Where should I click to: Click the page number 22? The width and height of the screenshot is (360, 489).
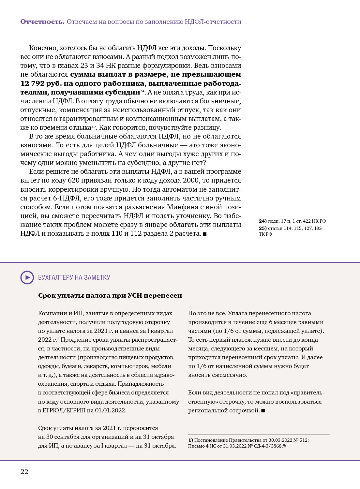[24, 471]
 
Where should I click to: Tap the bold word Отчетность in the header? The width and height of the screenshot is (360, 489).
[42, 22]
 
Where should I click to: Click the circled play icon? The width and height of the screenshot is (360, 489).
[27, 277]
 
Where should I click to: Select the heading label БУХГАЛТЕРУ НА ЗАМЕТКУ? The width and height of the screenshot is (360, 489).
[74, 277]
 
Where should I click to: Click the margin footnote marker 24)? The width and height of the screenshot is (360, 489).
[262, 221]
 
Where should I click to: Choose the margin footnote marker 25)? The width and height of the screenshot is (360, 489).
[262, 228]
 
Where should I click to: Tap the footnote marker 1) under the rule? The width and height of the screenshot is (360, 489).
[190, 440]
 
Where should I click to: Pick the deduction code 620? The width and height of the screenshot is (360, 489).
[73, 180]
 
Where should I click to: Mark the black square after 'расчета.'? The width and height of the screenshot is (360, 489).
[205, 234]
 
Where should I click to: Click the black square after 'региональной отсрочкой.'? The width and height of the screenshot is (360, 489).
[263, 411]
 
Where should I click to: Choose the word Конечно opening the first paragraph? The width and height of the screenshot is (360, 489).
[43, 48]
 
